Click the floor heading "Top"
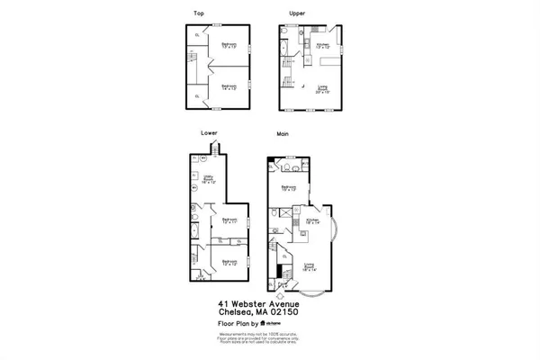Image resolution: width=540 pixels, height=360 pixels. coord(197,13)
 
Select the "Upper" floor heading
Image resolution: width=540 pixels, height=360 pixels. coord(296,13)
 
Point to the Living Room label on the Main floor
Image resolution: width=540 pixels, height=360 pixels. coord(310,265)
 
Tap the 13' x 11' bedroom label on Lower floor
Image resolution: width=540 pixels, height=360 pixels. coord(230,221)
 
